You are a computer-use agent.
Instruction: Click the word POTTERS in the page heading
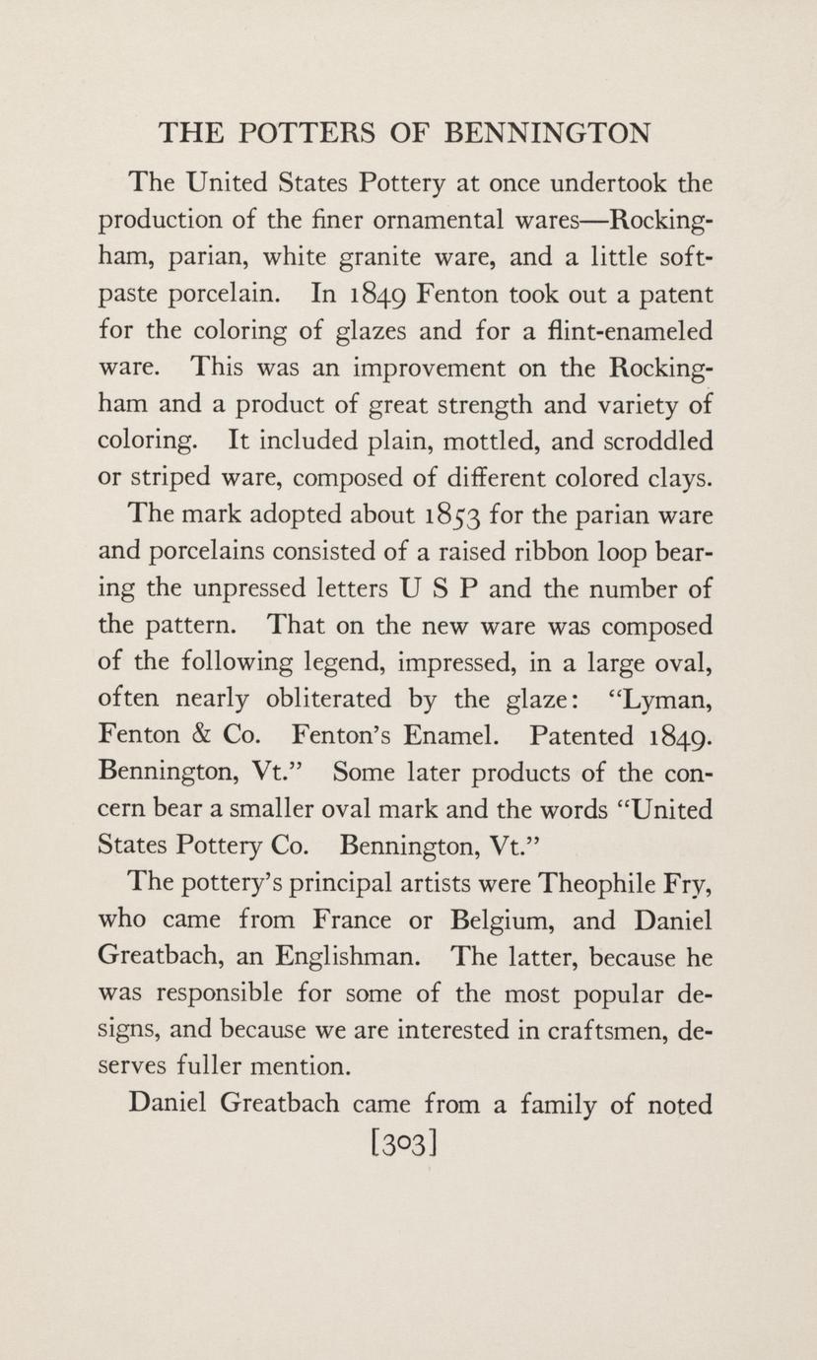[x=310, y=132]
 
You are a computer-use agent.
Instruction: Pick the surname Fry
[x=686, y=882]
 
